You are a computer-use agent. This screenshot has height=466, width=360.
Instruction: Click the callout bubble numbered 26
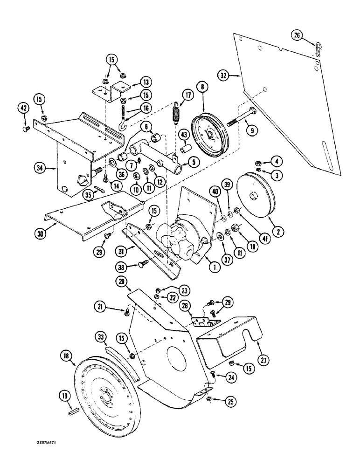[x=297, y=35]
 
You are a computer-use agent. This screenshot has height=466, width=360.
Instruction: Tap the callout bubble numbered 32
[x=224, y=75]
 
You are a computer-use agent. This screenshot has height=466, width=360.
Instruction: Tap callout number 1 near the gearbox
[x=202, y=267]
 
